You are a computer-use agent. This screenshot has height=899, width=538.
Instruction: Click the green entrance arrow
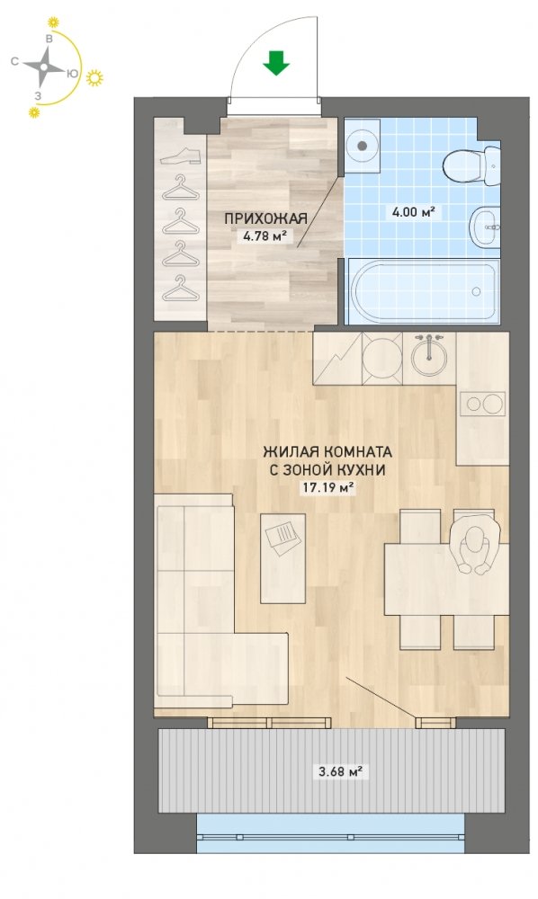click(276, 63)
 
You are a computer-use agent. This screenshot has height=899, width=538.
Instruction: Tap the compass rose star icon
click(44, 67)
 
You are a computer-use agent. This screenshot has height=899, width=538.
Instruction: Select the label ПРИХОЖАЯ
click(265, 218)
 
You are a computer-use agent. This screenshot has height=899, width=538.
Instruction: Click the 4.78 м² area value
click(265, 235)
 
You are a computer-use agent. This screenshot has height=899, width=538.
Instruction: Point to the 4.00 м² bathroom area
click(413, 213)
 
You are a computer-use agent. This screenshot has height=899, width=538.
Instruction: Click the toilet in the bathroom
click(472, 165)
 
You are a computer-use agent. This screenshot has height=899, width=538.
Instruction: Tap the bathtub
click(422, 290)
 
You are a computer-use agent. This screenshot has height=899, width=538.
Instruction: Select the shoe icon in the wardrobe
click(180, 156)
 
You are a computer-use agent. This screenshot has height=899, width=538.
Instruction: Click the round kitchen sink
click(429, 357)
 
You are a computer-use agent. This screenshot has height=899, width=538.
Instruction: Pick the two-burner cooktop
click(483, 404)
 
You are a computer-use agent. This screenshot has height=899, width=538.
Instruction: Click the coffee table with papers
click(282, 558)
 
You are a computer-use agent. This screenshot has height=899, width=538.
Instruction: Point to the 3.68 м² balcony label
click(341, 771)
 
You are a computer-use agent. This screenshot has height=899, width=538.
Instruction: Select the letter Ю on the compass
click(72, 74)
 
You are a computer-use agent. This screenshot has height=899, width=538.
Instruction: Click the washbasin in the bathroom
click(485, 227)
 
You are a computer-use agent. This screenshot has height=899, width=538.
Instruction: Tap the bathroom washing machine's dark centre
click(362, 146)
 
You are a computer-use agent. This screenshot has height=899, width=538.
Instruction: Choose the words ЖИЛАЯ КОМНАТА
click(327, 452)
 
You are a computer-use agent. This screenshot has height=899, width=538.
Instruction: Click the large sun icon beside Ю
click(94, 77)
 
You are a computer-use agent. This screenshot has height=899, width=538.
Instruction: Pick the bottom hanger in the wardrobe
click(180, 289)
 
